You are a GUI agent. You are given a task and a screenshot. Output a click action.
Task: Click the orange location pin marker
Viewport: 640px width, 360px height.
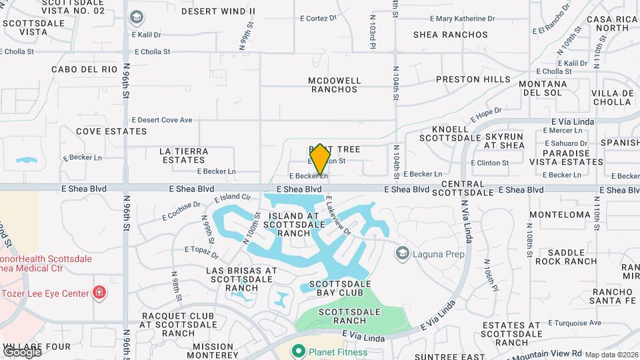320,159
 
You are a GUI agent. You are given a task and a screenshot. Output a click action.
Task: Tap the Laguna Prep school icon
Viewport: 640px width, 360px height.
402,253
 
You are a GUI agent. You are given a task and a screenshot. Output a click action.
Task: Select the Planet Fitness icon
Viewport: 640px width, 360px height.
298,351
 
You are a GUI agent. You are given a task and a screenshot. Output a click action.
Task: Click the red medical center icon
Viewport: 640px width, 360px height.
99,292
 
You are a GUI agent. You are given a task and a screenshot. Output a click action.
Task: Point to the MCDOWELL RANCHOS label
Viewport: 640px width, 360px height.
335,85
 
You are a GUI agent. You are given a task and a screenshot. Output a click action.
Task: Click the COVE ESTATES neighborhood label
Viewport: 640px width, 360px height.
102,131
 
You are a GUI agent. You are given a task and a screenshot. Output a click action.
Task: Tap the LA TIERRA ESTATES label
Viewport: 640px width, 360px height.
184,155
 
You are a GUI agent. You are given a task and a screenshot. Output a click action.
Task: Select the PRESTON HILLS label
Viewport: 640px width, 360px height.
473,79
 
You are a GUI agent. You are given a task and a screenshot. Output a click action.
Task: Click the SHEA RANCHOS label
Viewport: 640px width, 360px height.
451,35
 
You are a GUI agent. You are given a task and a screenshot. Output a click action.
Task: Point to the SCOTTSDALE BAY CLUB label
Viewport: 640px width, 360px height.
341,288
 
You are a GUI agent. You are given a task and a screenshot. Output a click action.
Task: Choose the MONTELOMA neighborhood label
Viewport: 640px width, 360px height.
560,215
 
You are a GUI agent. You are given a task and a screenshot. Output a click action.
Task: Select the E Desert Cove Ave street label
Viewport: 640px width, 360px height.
162,120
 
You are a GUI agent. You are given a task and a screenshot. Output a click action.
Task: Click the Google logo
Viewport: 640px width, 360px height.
22,351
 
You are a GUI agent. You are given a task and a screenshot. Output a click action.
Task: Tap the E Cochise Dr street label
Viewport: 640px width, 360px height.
181,211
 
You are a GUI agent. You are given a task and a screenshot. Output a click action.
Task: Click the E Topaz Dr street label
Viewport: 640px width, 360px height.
201,252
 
